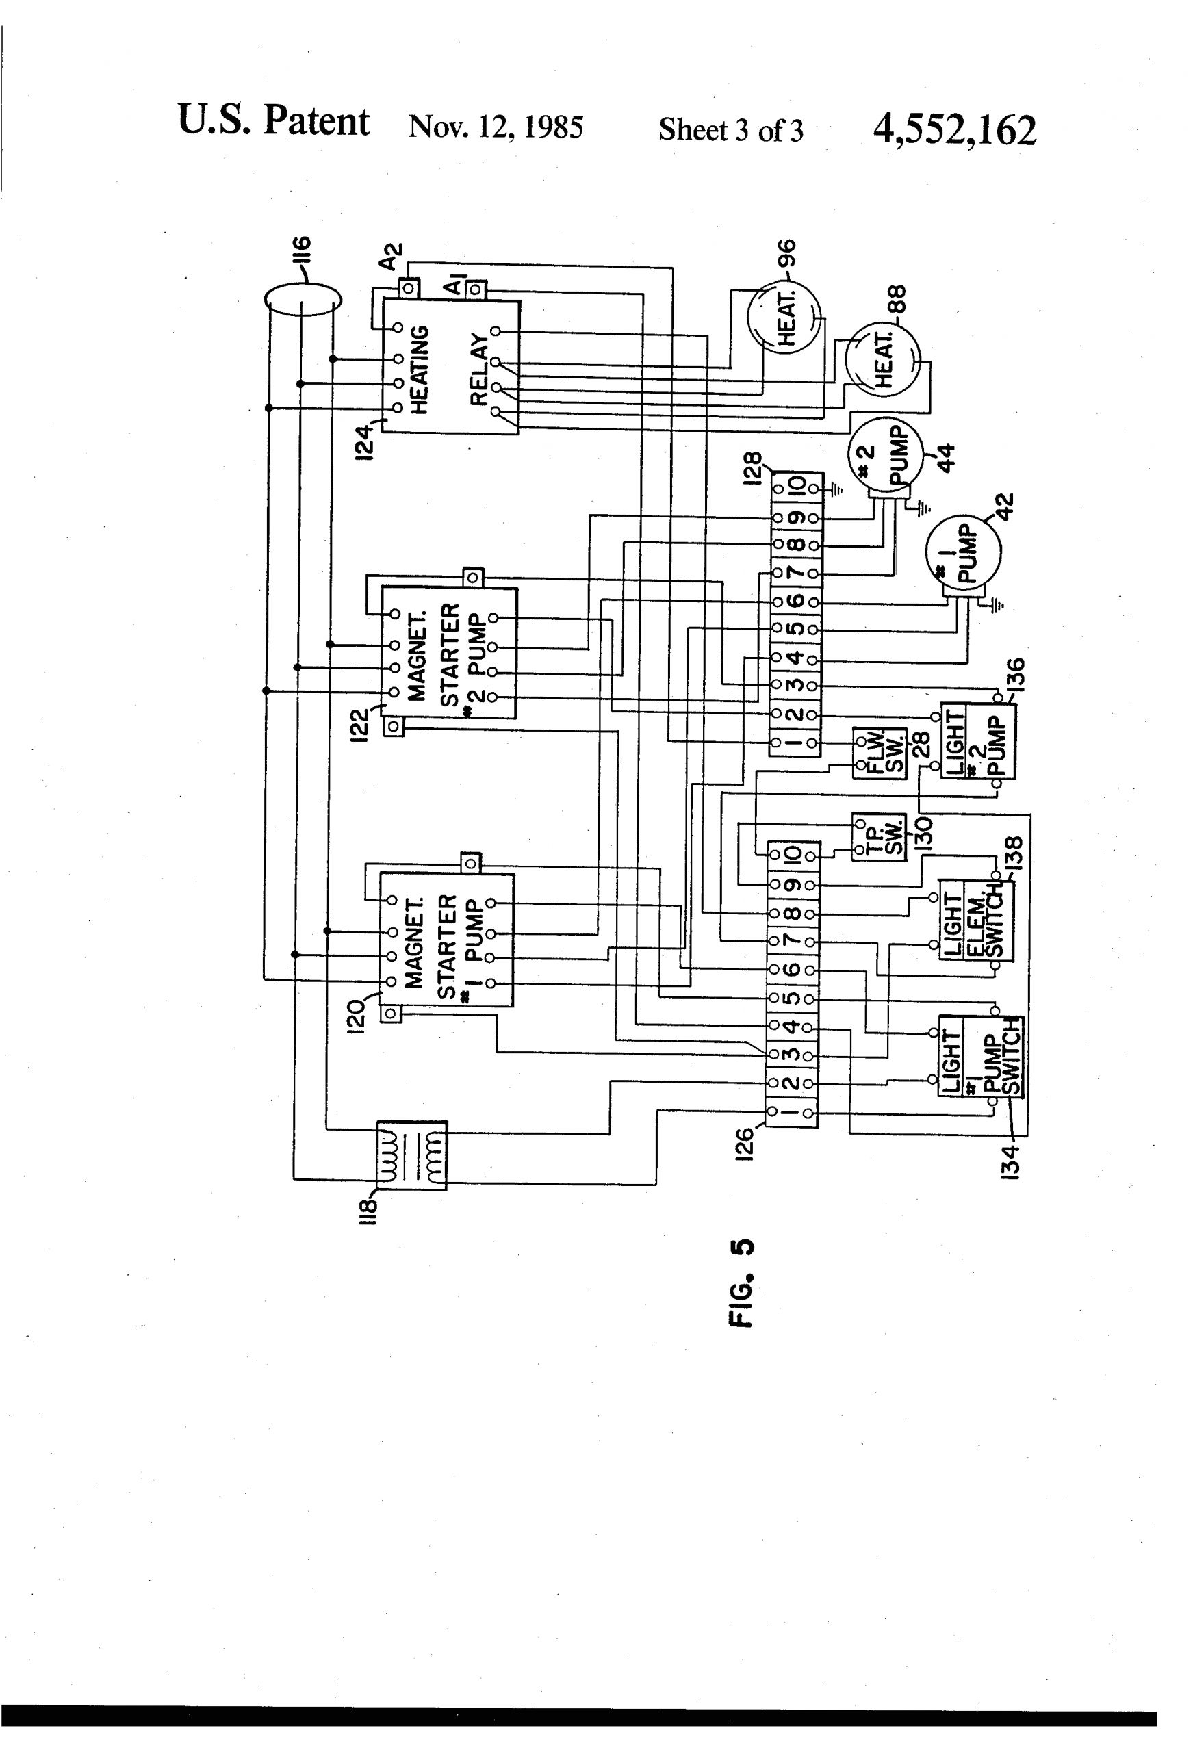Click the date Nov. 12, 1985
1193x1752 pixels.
pyautogui.click(x=496, y=127)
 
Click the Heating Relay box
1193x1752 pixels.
pyautogui.click(x=450, y=366)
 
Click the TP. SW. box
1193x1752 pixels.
pyautogui.click(x=879, y=837)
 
